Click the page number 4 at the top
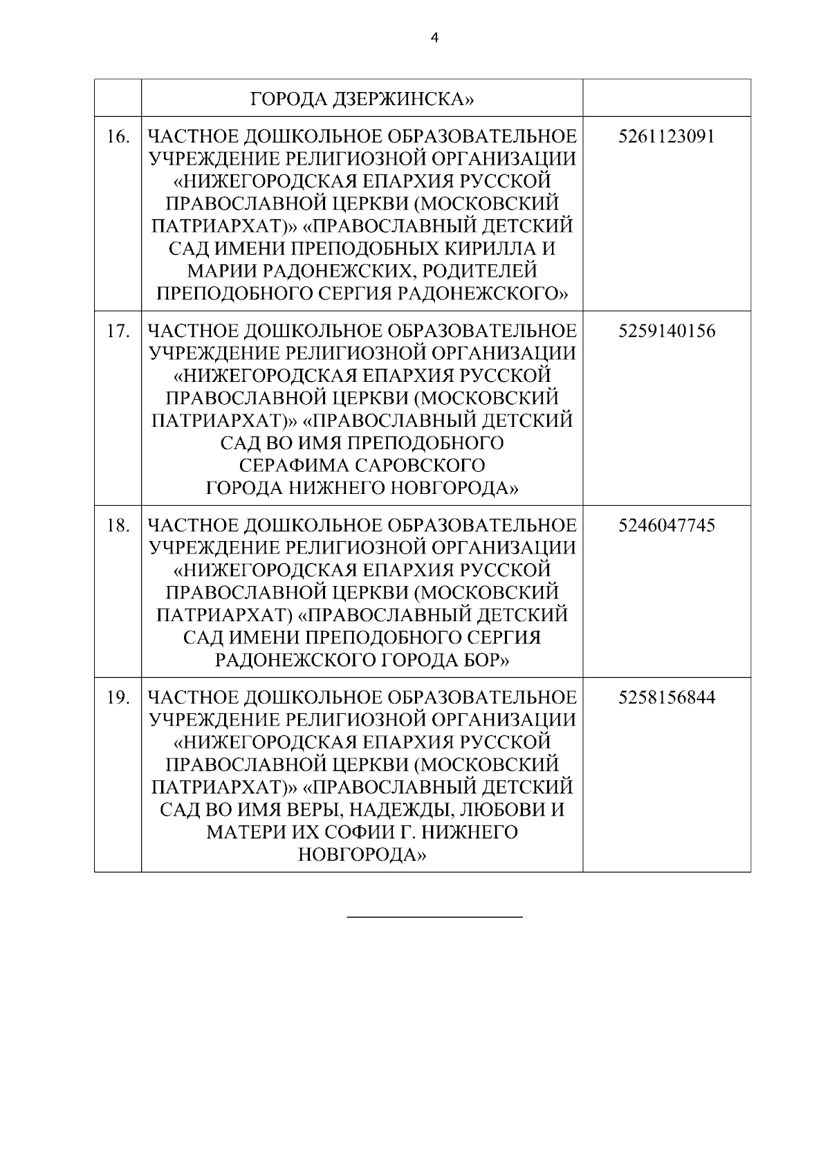434,39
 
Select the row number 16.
118,137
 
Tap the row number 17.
118,331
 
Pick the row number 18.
118,526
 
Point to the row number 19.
118,697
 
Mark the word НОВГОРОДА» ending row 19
362,855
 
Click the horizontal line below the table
434,917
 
